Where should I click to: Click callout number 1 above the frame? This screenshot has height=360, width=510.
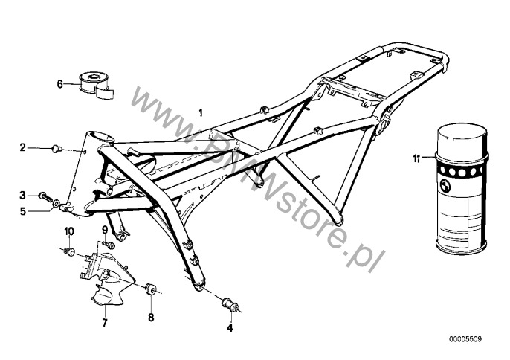[201, 113]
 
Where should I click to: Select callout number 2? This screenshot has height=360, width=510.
[22, 147]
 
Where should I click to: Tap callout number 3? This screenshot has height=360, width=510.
[22, 196]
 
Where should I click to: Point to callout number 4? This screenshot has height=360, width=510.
[230, 327]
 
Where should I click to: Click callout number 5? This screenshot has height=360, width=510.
[23, 211]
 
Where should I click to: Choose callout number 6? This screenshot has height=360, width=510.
[59, 84]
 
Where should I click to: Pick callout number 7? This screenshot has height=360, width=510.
[104, 323]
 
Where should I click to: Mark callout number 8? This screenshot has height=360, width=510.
[151, 317]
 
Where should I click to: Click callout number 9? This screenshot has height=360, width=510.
[105, 230]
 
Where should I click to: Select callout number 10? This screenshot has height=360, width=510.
[69, 231]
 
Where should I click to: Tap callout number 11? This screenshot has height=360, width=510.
[416, 159]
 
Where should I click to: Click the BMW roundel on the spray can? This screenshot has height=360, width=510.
[444, 187]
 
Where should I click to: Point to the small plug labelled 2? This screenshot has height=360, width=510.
[57, 149]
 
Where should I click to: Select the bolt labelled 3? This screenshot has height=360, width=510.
[45, 196]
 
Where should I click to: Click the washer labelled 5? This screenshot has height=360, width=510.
[57, 205]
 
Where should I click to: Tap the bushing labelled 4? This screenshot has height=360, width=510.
[230, 304]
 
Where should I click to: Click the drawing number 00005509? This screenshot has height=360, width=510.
[465, 339]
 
